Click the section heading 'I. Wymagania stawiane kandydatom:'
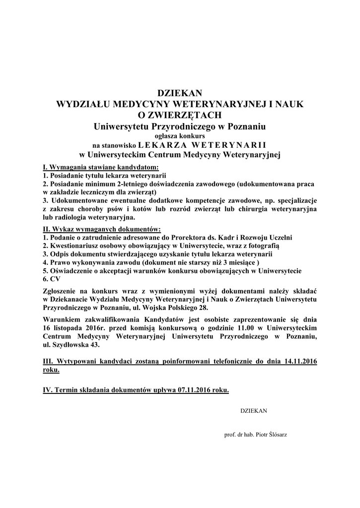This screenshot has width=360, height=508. pyautogui.click(x=101, y=167)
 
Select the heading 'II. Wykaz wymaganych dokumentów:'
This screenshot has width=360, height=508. pyautogui.click(x=102, y=229)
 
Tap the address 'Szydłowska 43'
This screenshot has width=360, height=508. pyautogui.click(x=77, y=345)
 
